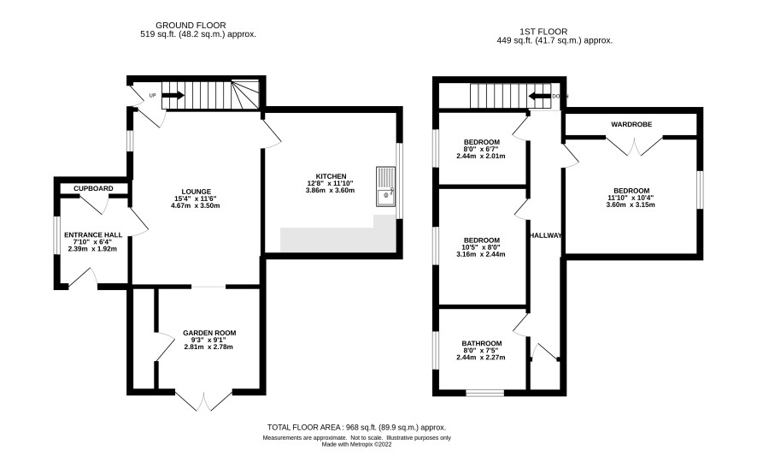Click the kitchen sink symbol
(x=385, y=187)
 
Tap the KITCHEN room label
(x=331, y=176)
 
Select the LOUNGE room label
(x=196, y=192)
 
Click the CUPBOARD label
(x=93, y=188)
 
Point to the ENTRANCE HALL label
(x=93, y=235)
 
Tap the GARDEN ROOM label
(x=209, y=333)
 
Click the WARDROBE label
(x=631, y=124)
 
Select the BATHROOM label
(x=482, y=343)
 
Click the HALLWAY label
(x=546, y=235)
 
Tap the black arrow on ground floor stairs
(x=173, y=95)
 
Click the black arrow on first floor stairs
(x=540, y=96)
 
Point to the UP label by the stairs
(x=153, y=96)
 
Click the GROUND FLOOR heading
(x=191, y=25)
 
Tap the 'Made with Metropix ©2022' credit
(x=357, y=445)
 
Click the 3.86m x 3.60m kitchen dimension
(x=330, y=191)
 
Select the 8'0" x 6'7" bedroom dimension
(x=481, y=150)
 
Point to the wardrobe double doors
(x=634, y=145)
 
